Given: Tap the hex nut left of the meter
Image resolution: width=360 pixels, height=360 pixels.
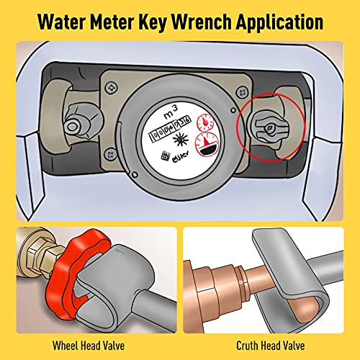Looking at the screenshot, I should pyautogui.click(x=74, y=127).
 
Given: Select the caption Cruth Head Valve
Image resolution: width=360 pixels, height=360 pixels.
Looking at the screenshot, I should pyautogui.click(x=269, y=343).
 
